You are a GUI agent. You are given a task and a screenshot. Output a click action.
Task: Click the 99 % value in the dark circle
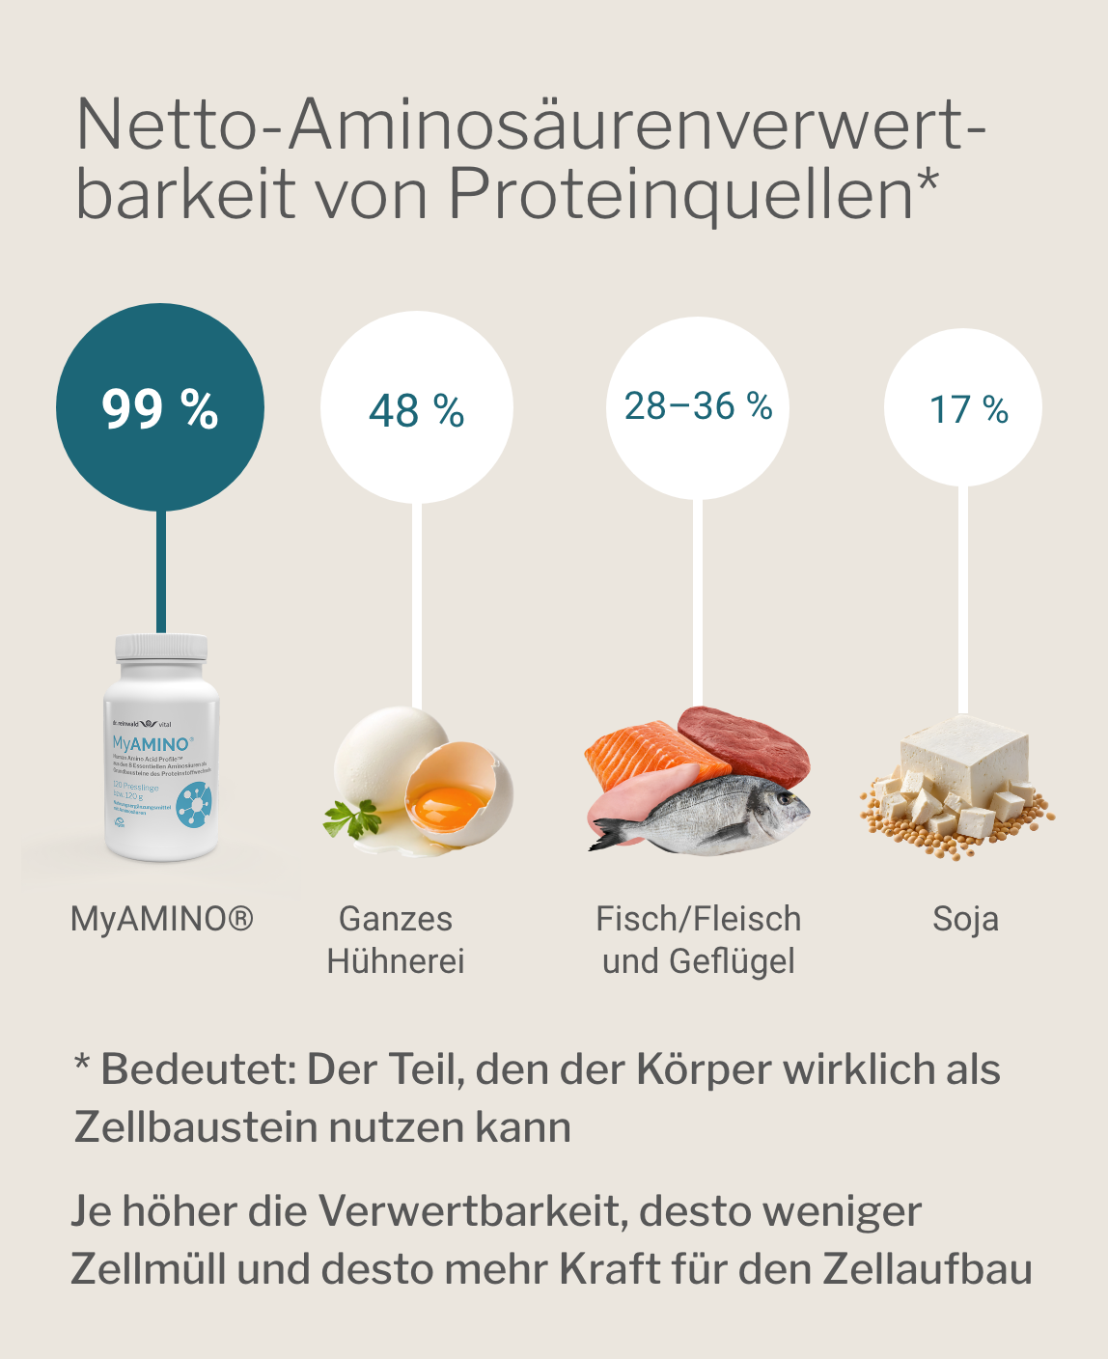[x=160, y=409]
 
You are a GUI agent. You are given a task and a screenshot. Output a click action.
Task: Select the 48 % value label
[x=417, y=411]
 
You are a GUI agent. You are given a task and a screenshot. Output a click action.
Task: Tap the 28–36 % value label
[x=698, y=406]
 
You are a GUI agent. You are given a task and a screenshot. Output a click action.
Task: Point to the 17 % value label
[x=968, y=409]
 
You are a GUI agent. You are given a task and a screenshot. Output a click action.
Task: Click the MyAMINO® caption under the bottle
[x=162, y=919]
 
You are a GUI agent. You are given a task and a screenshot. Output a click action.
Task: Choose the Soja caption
[x=965, y=919]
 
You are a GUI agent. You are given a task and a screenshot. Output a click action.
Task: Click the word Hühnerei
[x=396, y=961]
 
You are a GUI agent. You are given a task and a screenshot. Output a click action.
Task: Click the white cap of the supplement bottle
[x=161, y=648]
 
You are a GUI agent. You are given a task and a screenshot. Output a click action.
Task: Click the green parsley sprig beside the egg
[x=352, y=818]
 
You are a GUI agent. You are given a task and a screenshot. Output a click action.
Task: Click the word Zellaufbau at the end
[x=928, y=1269]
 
